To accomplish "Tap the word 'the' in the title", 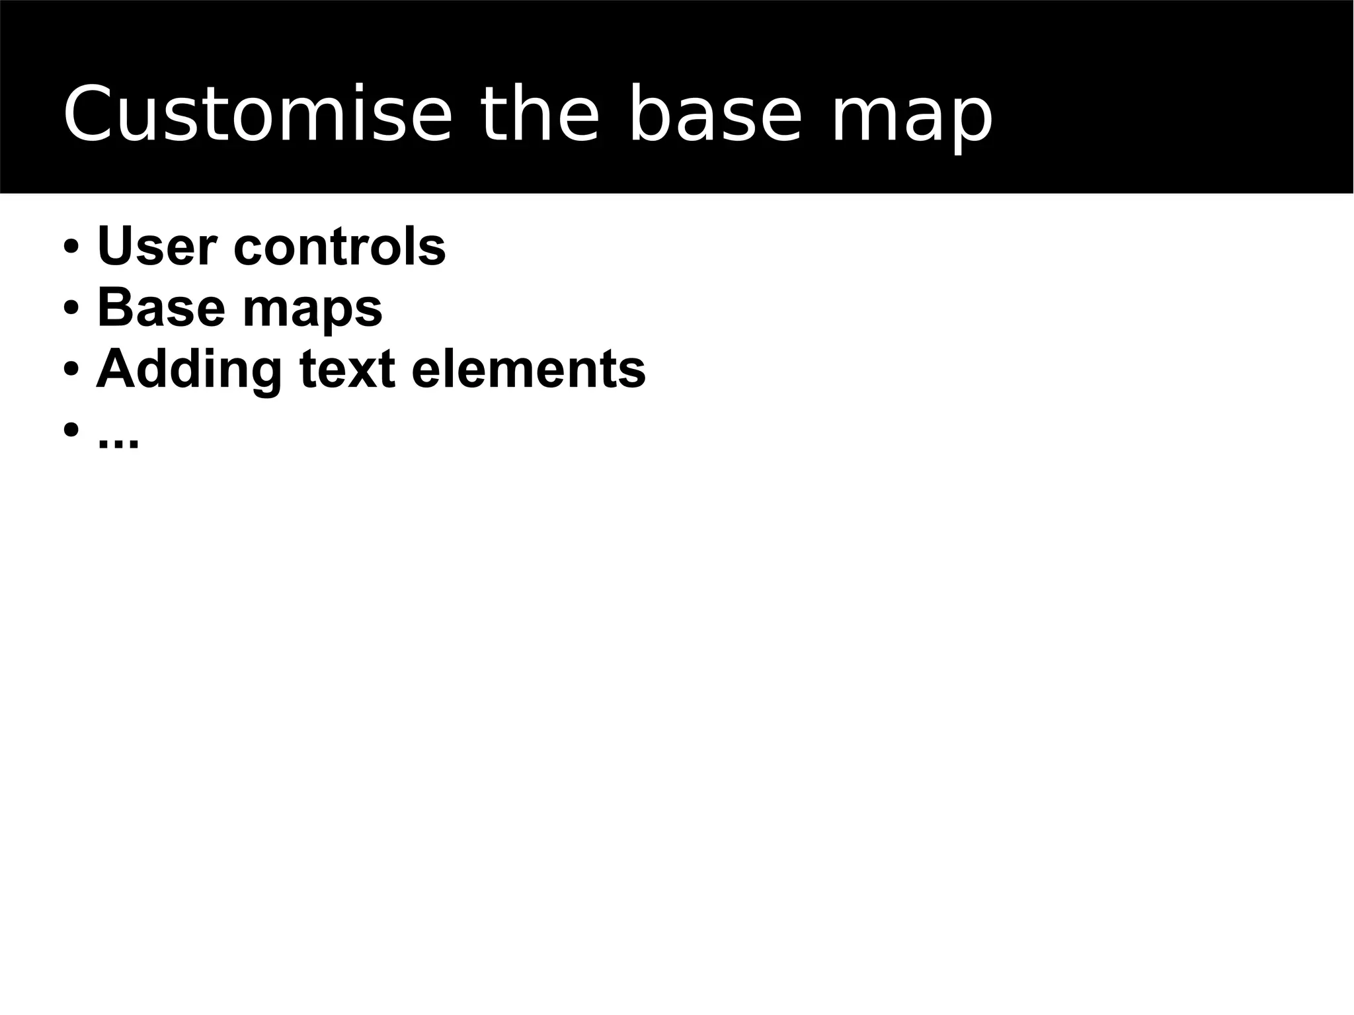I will tap(539, 114).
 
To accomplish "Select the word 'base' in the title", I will tap(714, 114).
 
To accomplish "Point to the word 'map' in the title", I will tap(911, 119).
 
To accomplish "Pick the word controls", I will tap(340, 246).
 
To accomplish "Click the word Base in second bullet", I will tap(161, 307).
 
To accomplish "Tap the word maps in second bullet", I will tap(312, 311).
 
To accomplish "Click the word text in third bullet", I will tap(347, 369).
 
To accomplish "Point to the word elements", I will tap(528, 369).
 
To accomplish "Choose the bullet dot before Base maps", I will tap(71, 308).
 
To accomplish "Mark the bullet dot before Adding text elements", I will tap(71, 369).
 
